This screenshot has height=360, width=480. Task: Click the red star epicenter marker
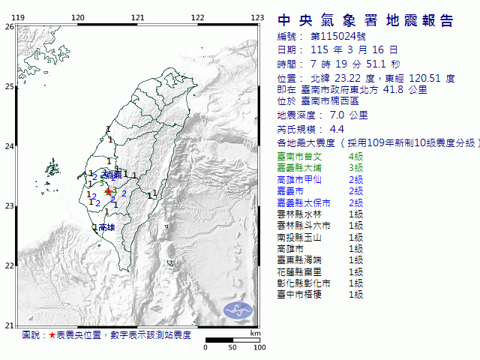pos(108,192)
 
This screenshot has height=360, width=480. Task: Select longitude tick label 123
pos(256,17)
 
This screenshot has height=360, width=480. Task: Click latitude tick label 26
pos(8,26)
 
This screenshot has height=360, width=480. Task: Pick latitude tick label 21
pos(8,325)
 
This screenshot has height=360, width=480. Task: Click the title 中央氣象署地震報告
pos(365,20)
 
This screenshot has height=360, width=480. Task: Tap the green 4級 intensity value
pos(355,156)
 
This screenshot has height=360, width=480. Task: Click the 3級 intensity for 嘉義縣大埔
pos(355,167)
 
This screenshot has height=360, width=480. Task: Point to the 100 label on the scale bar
pos(259,347)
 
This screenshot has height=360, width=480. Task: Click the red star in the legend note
pos(52,334)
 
